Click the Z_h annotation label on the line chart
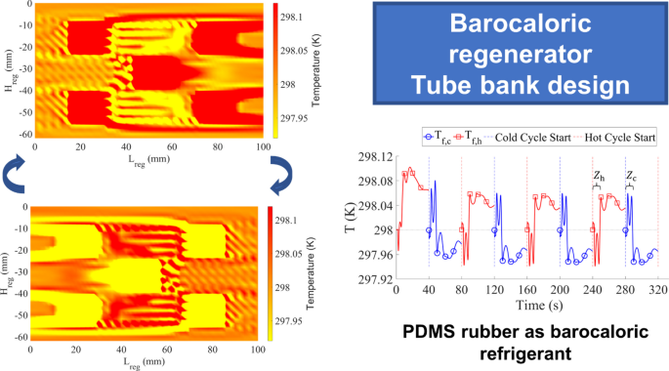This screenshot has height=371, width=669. pos(599,177)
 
